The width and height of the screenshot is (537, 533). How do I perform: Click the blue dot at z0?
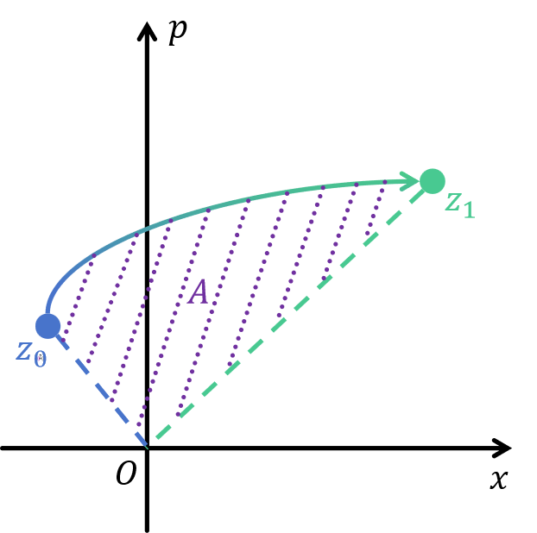pos(48,326)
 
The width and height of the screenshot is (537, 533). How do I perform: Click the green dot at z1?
pos(432,181)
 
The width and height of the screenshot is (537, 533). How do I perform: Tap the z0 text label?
pos(30,354)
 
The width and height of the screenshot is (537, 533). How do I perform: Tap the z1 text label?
pos(459,205)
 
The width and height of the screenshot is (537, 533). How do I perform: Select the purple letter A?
pos(199,293)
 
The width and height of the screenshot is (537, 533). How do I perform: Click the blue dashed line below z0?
pos(99,388)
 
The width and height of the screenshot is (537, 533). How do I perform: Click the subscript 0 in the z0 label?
pos(40,359)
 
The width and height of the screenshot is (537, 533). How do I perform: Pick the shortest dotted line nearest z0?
pos(76,298)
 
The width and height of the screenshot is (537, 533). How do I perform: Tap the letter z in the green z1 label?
pos(452,203)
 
